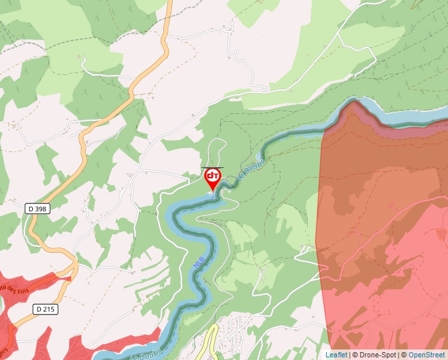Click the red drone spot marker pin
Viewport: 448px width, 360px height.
[212, 178]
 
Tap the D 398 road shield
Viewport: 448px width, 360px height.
[38, 209]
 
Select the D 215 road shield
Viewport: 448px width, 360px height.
[45, 309]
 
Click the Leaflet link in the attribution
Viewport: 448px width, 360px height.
[336, 355]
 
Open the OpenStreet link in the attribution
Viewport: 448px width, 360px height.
[428, 355]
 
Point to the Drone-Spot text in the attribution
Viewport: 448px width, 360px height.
[379, 355]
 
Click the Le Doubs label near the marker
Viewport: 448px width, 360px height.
[252, 168]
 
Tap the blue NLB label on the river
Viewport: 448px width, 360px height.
[199, 261]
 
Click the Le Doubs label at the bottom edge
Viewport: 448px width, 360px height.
[146, 353]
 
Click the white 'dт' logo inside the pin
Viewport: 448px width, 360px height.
[212, 176]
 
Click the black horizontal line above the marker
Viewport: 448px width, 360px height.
[212, 168]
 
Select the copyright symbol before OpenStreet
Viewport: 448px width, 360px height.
[404, 355]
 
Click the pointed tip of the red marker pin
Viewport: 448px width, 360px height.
[212, 191]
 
